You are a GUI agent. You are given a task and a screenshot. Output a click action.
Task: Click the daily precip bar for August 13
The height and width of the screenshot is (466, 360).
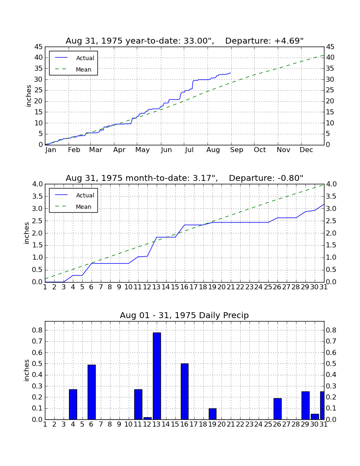coord(157,376)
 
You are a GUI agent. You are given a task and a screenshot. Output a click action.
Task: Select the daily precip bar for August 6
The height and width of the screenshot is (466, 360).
coord(91,392)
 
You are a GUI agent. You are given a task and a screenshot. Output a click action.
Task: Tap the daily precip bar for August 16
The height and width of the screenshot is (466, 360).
coord(185,391)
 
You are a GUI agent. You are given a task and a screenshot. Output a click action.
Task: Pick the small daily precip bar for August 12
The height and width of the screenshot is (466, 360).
coord(148,418)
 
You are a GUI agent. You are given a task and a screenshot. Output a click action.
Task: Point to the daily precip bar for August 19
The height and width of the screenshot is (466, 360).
coord(213,414)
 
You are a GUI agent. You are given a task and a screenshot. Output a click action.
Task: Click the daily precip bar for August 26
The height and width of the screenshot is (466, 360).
coord(277,409)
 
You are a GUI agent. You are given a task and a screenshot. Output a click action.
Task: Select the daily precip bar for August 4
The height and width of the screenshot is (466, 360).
coord(73,404)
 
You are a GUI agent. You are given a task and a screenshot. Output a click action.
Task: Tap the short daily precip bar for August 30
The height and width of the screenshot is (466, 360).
coord(315,417)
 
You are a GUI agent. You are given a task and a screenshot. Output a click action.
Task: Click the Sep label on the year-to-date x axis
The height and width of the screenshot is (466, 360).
coord(236,150)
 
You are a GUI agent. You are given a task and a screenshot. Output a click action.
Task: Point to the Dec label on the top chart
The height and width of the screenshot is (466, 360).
coord(306,150)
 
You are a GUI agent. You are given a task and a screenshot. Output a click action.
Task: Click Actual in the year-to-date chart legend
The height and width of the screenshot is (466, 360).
coord(85,58)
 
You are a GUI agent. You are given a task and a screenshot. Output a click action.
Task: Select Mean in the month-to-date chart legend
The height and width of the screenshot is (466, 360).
coord(83,207)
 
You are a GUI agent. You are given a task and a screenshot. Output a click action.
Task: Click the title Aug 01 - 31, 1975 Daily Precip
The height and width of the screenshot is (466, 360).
coord(184,315)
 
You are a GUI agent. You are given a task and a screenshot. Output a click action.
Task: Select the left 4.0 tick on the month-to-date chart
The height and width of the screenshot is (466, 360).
coord(37,184)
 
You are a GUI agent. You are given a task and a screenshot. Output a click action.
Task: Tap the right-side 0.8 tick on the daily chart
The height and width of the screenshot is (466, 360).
coord(331,330)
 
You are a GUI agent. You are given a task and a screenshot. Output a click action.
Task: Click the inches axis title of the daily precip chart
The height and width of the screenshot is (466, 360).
coord(27,370)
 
